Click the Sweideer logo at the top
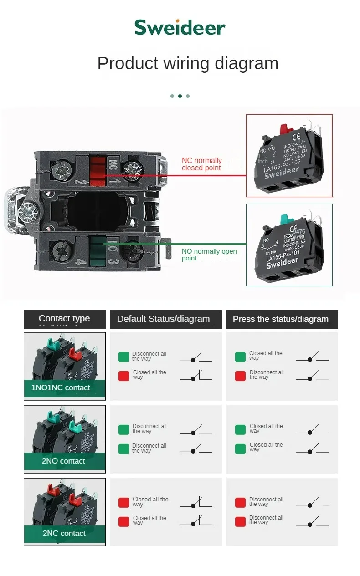pyautogui.click(x=180, y=27)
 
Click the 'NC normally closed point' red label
pyautogui.click(x=201, y=164)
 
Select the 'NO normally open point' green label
pyautogui.click(x=209, y=255)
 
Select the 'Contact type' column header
pyautogui.click(x=64, y=319)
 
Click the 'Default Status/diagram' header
pyautogui.click(x=163, y=319)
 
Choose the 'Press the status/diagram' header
pyautogui.click(x=280, y=319)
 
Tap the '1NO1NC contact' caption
pyautogui.click(x=61, y=387)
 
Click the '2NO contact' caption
pyautogui.click(x=63, y=461)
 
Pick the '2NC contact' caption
pyautogui.click(x=64, y=533)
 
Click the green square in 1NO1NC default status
pyautogui.click(x=123, y=357)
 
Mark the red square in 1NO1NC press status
pyautogui.click(x=240, y=376)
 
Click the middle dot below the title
pyautogui.click(x=180, y=96)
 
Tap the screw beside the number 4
pyautogui.click(x=61, y=250)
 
